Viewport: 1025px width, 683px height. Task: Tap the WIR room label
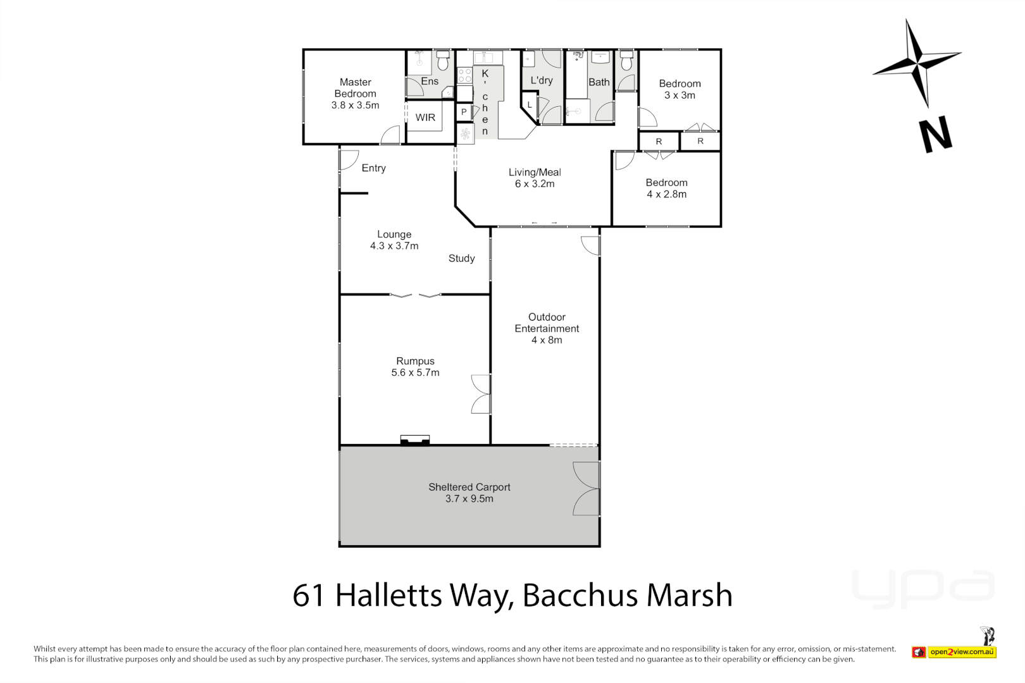[425, 118]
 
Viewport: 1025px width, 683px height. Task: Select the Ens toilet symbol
[443, 61]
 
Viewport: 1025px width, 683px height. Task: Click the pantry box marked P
[464, 112]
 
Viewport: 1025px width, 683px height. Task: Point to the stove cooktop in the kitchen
[464, 75]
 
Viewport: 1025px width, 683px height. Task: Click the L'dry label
[542, 80]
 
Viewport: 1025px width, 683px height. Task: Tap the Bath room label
[599, 82]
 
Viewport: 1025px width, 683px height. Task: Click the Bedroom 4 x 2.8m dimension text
[666, 194]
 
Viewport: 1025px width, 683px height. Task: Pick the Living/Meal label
[535, 172]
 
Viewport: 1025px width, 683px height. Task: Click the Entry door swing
[349, 159]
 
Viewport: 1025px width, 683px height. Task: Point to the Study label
[461, 258]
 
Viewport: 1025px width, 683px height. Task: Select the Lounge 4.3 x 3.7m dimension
[394, 246]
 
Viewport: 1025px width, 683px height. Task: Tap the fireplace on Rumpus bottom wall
[415, 440]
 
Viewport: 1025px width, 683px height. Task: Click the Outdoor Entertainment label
[547, 323]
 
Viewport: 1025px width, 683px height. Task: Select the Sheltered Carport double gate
[587, 488]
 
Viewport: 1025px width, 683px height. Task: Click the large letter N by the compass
[935, 134]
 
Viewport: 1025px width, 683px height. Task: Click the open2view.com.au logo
[962, 651]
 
